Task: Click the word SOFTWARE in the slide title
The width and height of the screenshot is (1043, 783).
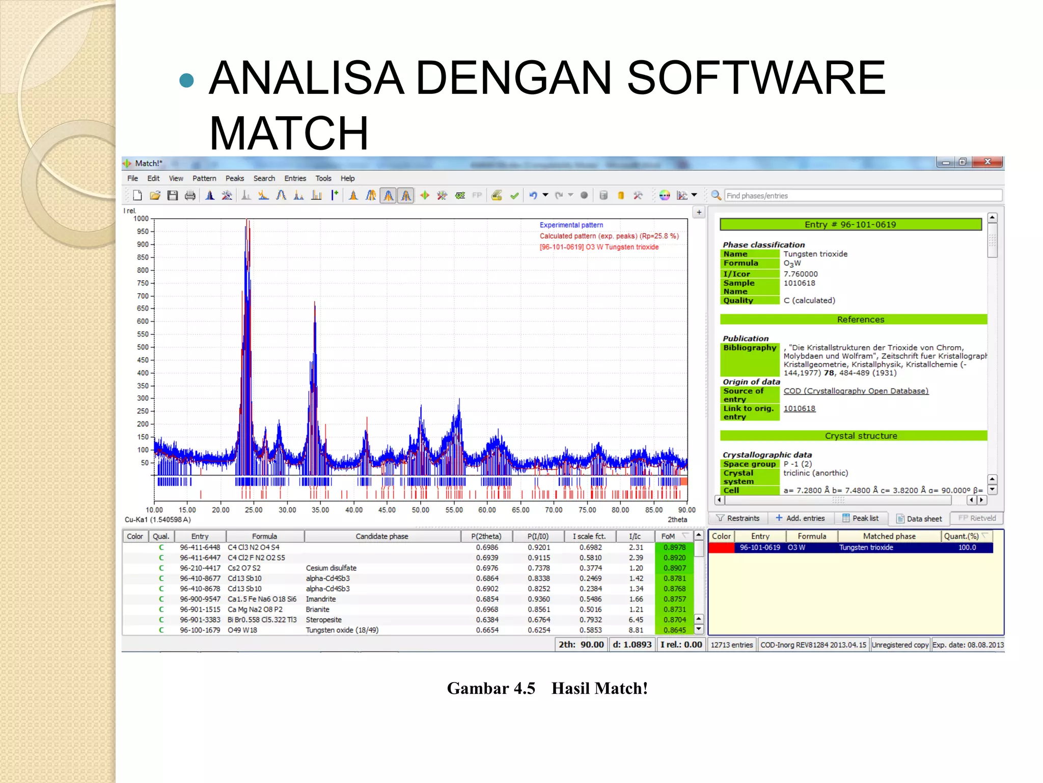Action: pyautogui.click(x=756, y=77)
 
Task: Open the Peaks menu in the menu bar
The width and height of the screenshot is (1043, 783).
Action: pyautogui.click(x=235, y=178)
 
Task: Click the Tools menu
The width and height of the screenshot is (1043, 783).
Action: pyautogui.click(x=323, y=178)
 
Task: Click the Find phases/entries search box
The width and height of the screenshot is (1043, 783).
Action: pyautogui.click(x=863, y=196)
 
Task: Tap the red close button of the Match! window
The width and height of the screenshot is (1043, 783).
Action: pyautogui.click(x=987, y=162)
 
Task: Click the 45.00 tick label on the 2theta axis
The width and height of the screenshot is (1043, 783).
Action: pyautogui.click(x=387, y=510)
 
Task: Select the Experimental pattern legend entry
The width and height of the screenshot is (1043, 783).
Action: pyautogui.click(x=571, y=225)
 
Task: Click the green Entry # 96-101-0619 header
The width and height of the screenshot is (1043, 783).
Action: pyautogui.click(x=850, y=224)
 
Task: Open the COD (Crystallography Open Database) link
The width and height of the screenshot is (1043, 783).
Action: pyautogui.click(x=856, y=391)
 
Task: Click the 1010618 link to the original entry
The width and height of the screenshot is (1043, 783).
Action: pyautogui.click(x=799, y=408)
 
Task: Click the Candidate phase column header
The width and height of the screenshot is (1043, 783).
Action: pyautogui.click(x=382, y=536)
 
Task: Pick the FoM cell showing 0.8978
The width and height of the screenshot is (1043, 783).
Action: pyautogui.click(x=674, y=547)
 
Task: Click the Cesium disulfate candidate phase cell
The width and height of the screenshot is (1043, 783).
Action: pyautogui.click(x=331, y=568)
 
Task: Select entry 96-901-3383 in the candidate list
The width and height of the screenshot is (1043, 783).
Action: pyautogui.click(x=200, y=620)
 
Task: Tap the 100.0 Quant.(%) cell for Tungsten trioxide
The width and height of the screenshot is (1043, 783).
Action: pyautogui.click(x=967, y=547)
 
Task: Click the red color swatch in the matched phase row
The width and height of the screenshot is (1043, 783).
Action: pyautogui.click(x=721, y=547)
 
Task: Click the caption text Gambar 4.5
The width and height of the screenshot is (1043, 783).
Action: pyautogui.click(x=491, y=689)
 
